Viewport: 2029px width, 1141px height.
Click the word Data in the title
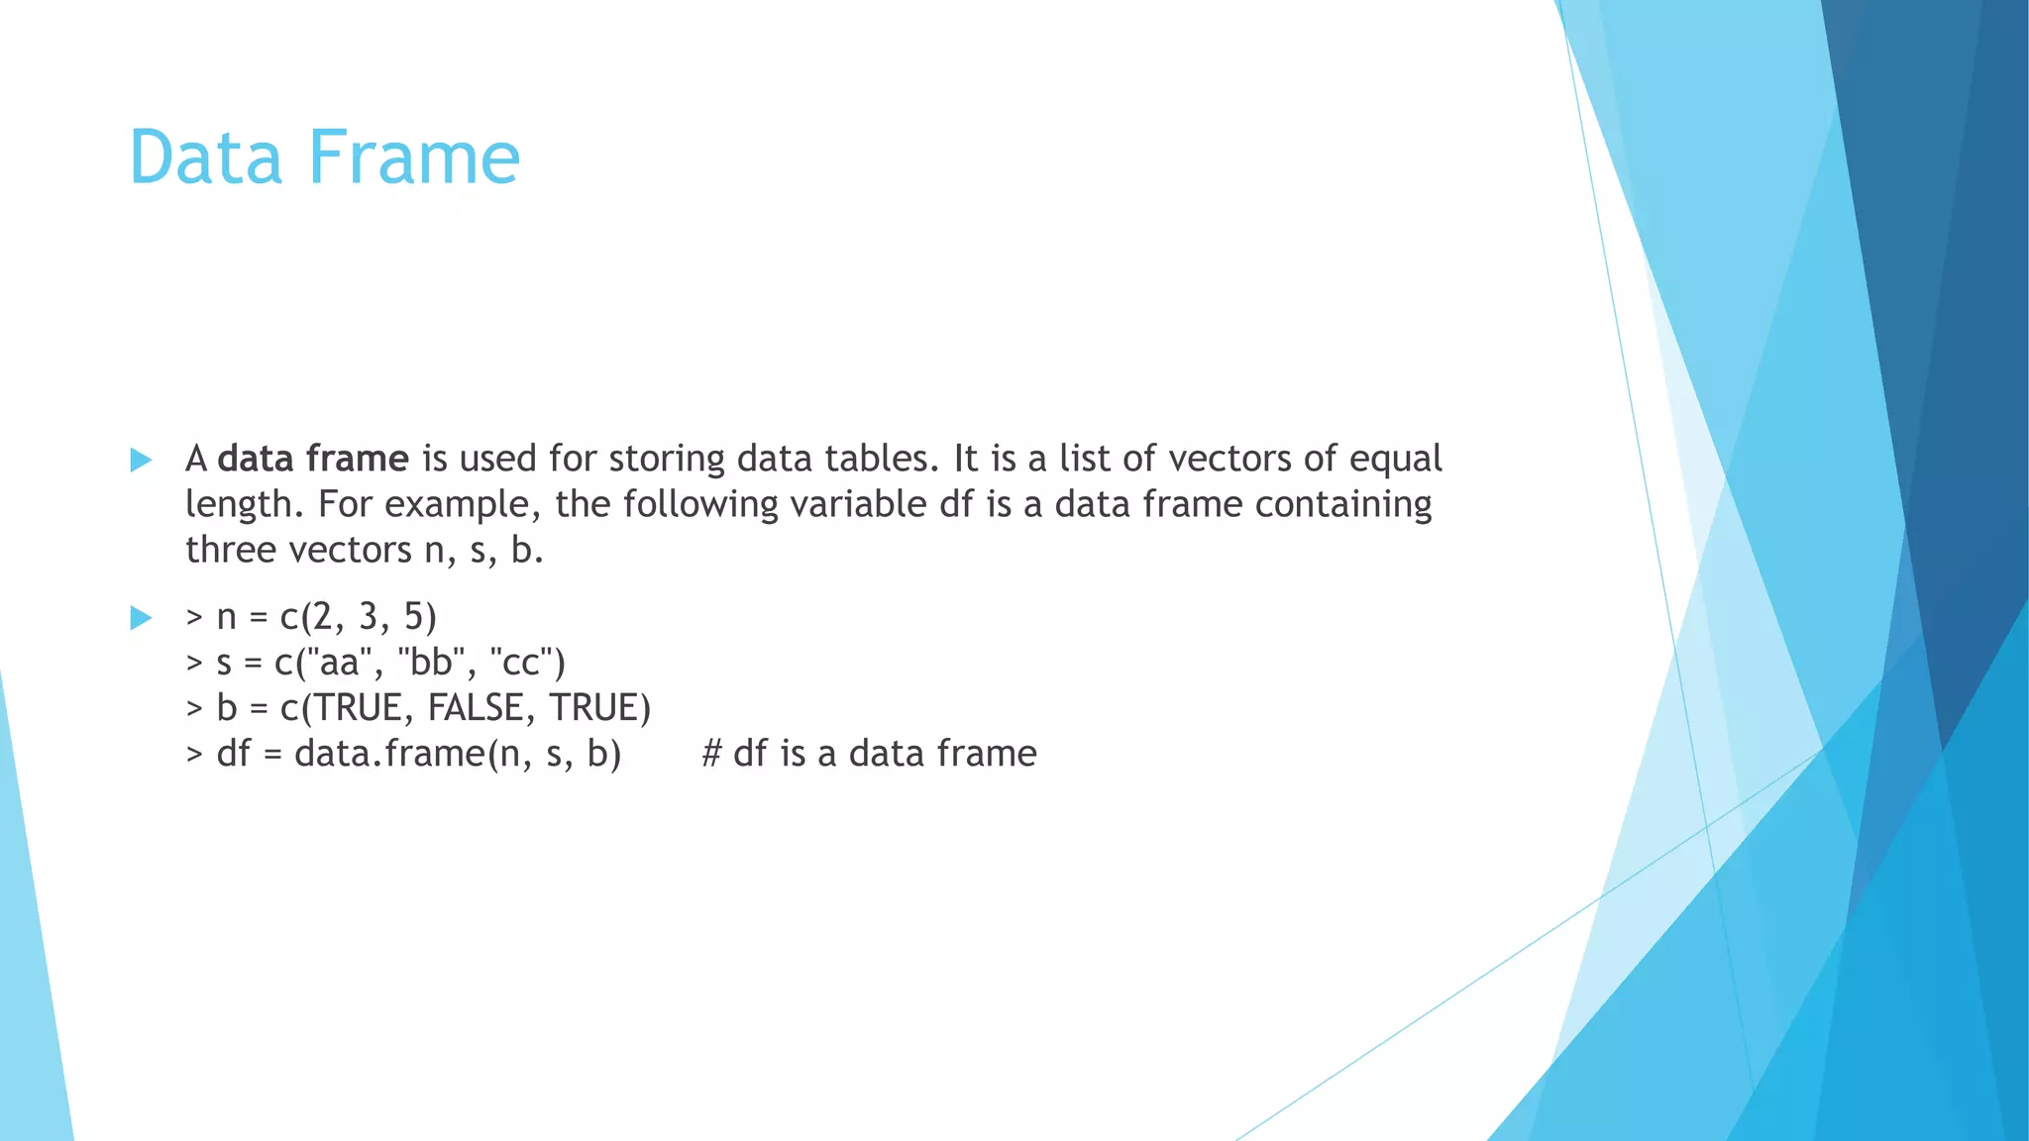206,157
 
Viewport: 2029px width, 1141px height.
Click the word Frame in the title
414,157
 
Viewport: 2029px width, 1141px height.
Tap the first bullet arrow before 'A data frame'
141,460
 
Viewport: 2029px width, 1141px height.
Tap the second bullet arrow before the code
141,618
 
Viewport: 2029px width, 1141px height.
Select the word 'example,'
463,505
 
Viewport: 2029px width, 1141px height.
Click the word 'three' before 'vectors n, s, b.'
230,550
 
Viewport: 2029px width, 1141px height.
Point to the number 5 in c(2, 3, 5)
413,617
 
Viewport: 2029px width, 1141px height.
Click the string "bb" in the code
431,662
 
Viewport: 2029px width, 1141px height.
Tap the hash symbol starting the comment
710,754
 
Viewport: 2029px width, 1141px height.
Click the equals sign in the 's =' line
253,664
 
